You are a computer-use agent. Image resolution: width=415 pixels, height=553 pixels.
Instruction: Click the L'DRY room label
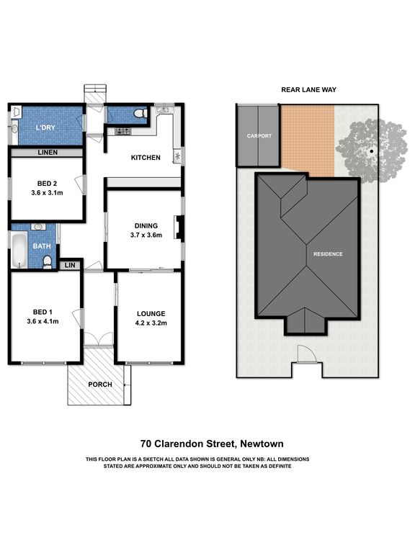point(45,127)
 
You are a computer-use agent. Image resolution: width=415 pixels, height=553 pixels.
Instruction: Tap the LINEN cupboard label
point(48,153)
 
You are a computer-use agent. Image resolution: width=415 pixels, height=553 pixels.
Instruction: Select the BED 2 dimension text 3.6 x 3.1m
point(47,192)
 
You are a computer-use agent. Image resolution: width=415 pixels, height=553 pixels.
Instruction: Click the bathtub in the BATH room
point(19,250)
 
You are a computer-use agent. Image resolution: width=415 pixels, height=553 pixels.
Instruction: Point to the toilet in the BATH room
point(47,262)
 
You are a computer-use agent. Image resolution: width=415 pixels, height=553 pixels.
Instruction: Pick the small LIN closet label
point(70,265)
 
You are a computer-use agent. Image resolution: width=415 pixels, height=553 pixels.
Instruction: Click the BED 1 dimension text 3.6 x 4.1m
point(43,321)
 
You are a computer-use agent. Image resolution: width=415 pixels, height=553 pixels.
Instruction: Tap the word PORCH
point(100,385)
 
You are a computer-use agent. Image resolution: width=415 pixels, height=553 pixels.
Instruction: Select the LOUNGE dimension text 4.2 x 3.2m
point(151,323)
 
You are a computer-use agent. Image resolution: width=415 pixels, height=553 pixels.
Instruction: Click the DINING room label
point(146,225)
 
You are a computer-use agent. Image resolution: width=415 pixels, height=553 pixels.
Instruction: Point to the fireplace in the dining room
point(179,228)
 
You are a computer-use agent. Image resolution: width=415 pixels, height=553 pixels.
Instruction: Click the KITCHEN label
point(146,158)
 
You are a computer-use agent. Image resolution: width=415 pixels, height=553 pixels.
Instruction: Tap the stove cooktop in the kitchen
point(123,131)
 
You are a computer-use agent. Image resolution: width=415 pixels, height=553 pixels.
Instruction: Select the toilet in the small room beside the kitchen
point(140,113)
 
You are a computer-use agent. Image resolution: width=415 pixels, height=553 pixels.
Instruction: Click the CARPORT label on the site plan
point(259,136)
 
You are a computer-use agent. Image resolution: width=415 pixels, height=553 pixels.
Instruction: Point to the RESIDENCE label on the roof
point(328,254)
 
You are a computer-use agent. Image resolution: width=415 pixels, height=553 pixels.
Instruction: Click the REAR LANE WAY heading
point(309,90)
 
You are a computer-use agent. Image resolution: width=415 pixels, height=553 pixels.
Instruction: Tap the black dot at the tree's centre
point(372,151)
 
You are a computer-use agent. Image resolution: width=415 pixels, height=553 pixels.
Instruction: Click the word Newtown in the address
point(262,444)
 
